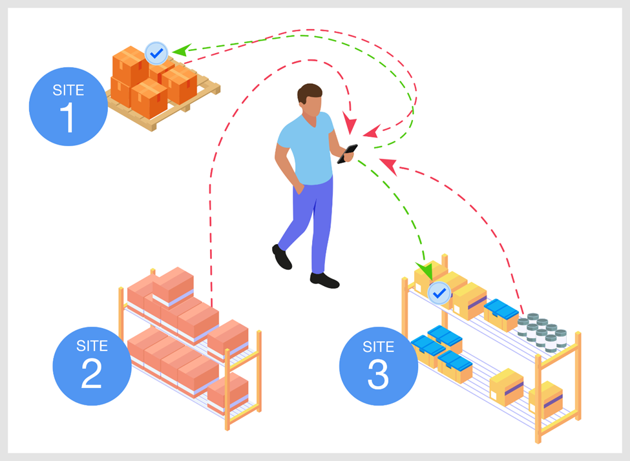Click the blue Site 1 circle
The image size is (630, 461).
click(x=68, y=107)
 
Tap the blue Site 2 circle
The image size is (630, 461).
click(x=92, y=366)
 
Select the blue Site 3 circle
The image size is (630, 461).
click(x=379, y=366)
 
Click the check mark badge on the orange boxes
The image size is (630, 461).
click(x=156, y=53)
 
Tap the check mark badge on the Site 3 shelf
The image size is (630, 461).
click(x=439, y=292)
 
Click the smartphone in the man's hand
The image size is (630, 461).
click(x=347, y=154)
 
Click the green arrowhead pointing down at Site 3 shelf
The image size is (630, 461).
click(x=425, y=271)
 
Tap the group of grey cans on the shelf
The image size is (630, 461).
click(x=542, y=332)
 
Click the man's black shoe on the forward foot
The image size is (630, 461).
click(x=324, y=280)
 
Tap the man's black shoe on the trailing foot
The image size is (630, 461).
click(x=281, y=256)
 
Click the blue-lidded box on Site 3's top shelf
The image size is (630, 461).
click(x=501, y=314)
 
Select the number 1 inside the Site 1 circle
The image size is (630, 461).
click(x=68, y=118)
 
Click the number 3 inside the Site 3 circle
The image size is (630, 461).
click(x=378, y=374)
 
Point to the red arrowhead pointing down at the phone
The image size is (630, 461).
click(x=350, y=123)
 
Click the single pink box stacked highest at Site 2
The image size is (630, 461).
click(x=173, y=285)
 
